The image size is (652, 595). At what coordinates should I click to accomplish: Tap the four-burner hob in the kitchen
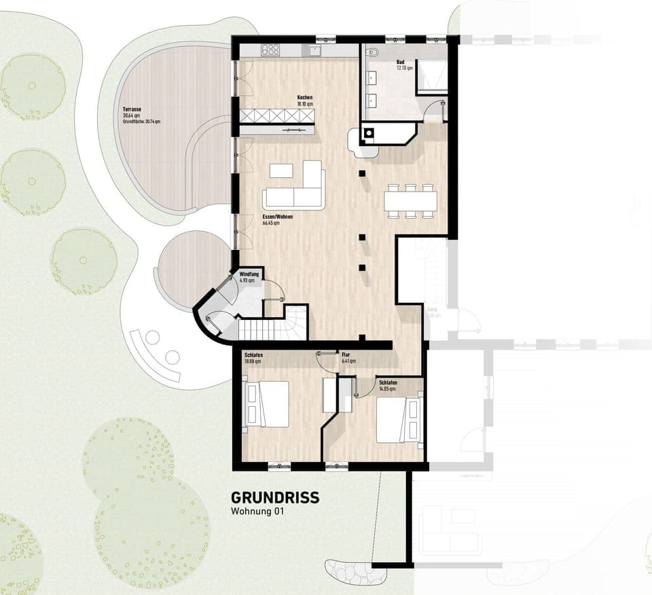tap(270, 50)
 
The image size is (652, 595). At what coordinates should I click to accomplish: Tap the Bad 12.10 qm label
tap(404, 65)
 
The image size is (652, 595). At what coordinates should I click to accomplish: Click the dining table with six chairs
tap(410, 200)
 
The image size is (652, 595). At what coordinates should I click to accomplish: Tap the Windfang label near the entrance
tap(247, 276)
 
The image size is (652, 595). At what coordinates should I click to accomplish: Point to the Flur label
tap(346, 355)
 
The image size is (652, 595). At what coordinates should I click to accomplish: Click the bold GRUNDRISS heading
tap(274, 498)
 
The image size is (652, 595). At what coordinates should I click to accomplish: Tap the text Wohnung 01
tap(256, 512)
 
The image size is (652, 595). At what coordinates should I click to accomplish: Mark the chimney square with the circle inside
tap(368, 133)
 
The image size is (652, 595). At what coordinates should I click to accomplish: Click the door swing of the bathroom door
tap(435, 110)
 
